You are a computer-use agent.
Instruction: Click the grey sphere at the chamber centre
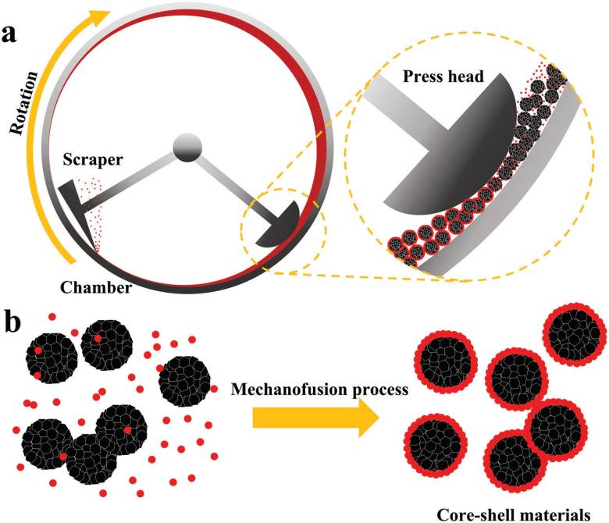click(x=187, y=146)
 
